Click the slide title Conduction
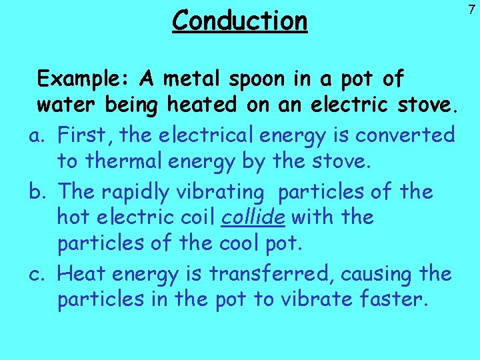[240, 20]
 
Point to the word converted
[405, 135]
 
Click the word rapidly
[136, 192]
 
